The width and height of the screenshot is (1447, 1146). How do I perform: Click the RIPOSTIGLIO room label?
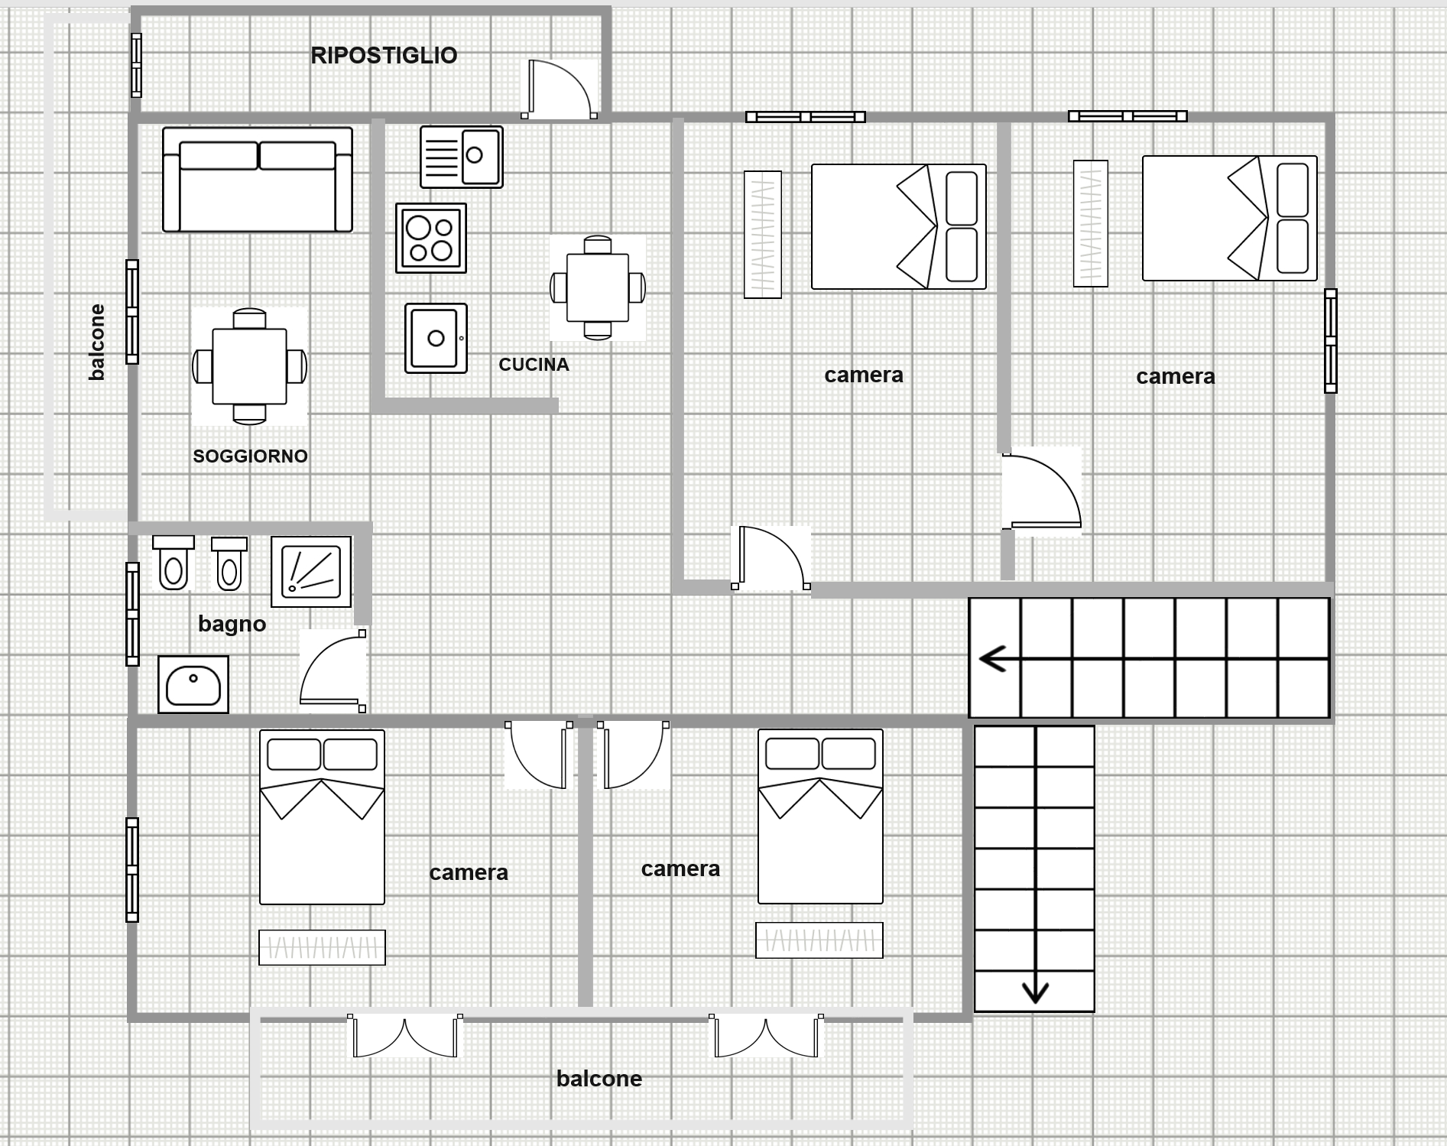coord(384,55)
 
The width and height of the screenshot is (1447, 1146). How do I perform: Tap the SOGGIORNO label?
coord(250,456)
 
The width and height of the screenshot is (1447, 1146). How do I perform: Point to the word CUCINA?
coord(534,365)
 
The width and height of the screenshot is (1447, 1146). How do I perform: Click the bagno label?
coord(232,624)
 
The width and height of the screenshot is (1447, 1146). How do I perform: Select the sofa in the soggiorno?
coord(258,180)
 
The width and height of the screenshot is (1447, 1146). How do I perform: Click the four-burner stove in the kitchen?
coord(431,238)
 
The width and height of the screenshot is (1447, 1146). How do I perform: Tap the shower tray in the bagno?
coord(311,571)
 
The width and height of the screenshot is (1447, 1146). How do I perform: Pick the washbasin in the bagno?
coord(193,684)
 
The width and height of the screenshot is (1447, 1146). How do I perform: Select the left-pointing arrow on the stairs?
coord(993,658)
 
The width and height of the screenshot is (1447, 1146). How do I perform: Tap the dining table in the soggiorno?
coord(249,366)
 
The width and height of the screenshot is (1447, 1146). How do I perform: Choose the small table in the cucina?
coord(598,287)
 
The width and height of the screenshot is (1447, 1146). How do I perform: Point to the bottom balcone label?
coord(599,1079)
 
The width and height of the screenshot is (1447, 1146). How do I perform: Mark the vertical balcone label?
coord(96,342)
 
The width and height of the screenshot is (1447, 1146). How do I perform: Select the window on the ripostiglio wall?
coord(136,65)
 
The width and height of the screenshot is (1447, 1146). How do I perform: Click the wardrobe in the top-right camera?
coord(1091,223)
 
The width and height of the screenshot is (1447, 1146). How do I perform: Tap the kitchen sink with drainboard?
coord(462,157)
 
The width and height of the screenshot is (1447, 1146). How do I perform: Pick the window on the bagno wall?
coord(132,614)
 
